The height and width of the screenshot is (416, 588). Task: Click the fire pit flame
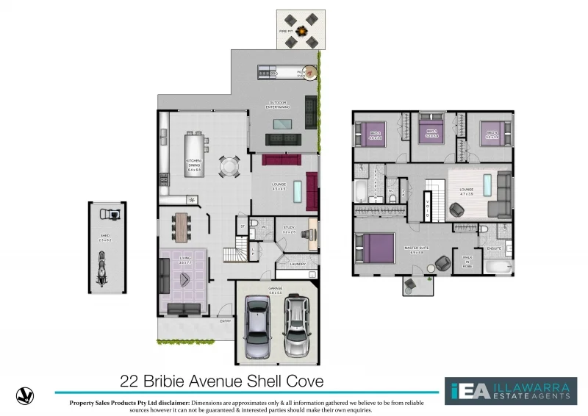[299, 31]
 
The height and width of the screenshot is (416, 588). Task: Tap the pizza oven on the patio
[311, 72]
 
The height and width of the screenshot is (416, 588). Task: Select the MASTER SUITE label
[416, 249]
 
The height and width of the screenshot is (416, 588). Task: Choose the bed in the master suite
[375, 247]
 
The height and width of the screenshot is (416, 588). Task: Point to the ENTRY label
[225, 321]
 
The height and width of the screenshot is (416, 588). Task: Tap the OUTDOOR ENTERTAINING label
[278, 105]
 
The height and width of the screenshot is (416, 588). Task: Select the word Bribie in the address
[165, 381]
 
